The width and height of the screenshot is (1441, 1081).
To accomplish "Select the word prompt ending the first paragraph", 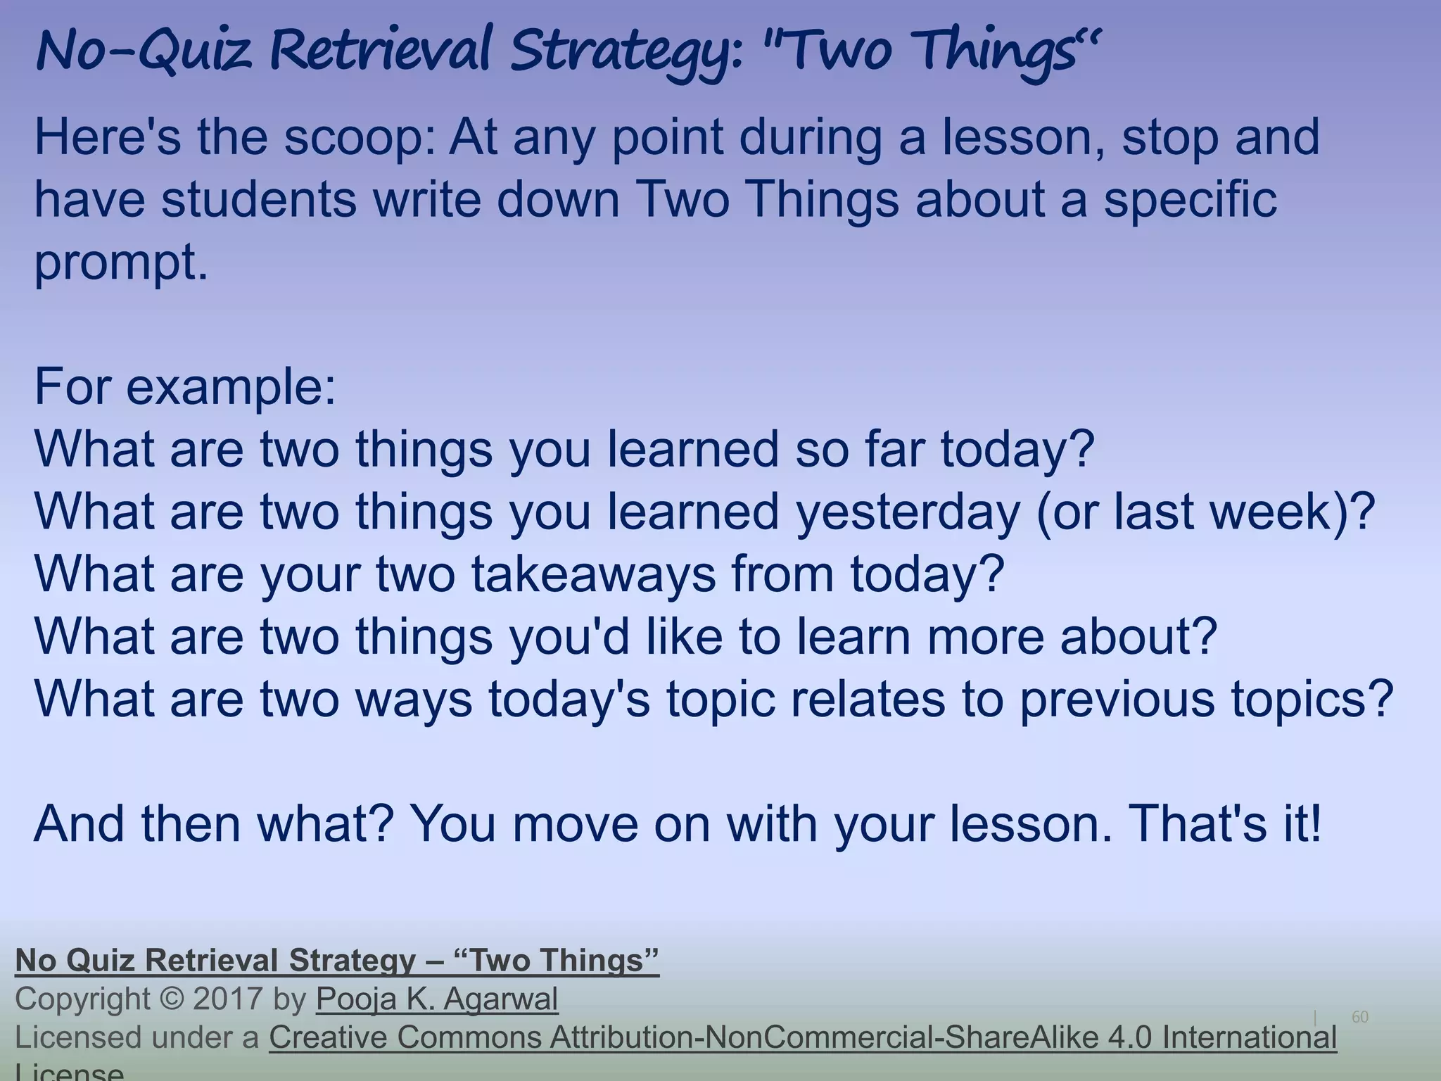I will coord(120,263).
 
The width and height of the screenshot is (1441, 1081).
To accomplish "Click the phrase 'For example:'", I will coord(185,386).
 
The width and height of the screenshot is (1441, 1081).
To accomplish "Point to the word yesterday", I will coord(908,512).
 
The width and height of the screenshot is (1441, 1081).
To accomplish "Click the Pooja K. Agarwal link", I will coord(437,999).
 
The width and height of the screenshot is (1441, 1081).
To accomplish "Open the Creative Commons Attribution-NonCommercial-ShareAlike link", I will coord(802,1037).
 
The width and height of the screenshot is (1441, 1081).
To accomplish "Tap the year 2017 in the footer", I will coord(227,999).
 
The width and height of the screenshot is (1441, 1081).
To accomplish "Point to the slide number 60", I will coord(1360,1017).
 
